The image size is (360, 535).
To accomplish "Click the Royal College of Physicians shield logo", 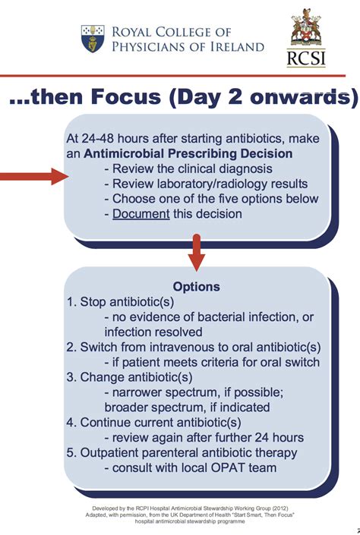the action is coord(93,39).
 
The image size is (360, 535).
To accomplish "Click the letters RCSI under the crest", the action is coord(306,58).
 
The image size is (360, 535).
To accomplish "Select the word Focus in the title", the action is coord(125,97).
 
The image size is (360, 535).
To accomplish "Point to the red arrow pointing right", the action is coord(34,176).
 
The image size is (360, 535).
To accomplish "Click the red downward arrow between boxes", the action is coord(197,253).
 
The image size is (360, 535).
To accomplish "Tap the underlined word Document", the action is coord(141,214).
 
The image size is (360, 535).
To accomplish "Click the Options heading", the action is coord(197,287).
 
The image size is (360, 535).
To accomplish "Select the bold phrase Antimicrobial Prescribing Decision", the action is coord(188,153).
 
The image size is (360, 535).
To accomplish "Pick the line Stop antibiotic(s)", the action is coord(120,302).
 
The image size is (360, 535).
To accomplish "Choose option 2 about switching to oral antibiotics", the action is coord(194,347).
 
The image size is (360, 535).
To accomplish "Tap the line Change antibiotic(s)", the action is coord(129,377).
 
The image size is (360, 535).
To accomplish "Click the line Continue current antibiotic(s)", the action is coord(153,423).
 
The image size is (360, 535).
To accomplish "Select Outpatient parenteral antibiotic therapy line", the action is coord(182,453).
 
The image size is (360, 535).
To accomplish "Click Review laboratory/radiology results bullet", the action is coord(207,184).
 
